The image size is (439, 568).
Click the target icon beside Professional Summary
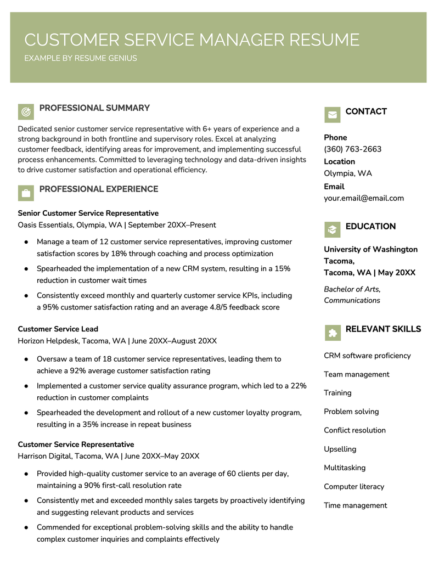point(26,112)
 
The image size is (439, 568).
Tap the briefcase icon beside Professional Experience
point(26,193)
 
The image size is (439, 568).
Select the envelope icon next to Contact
point(332,115)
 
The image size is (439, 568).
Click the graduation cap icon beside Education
point(332,229)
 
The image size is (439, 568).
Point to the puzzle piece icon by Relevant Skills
point(332,332)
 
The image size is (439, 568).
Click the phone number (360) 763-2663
point(352,149)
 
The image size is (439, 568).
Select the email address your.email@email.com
point(363,198)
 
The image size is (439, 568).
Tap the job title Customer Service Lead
point(58,329)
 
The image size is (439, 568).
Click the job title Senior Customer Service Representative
point(88,213)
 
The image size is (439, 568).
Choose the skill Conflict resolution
point(354,430)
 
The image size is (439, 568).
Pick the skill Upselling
point(340,449)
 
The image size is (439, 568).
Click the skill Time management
point(355,505)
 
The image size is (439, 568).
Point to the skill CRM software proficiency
point(367,356)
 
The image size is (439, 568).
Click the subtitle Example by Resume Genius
point(81,58)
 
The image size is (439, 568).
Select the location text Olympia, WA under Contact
point(347,173)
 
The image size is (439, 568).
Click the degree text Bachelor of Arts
point(352,289)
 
